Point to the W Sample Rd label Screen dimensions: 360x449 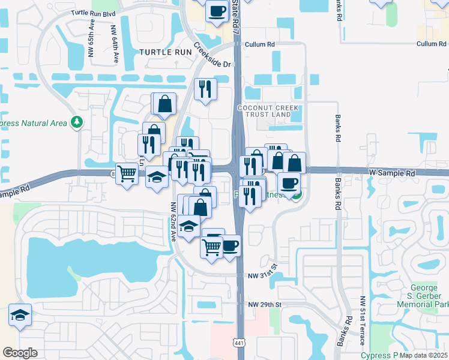[391, 173]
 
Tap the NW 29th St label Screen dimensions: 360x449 [265, 305]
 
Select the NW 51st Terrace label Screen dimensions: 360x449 [363, 321]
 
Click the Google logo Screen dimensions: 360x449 [20, 353]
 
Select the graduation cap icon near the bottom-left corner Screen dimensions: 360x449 [20, 314]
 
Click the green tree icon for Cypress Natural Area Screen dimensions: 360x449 [76, 122]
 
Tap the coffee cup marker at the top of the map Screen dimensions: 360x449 [217, 10]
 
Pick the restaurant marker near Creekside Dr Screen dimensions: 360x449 [205, 88]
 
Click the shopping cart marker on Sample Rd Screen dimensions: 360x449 [127, 174]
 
